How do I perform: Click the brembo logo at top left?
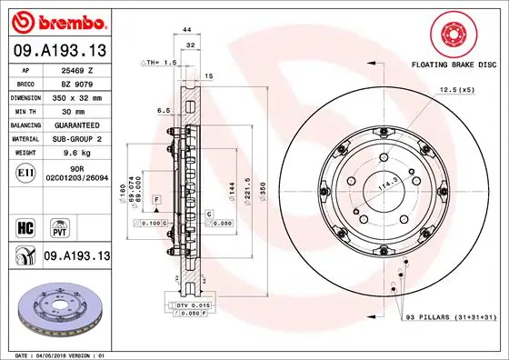point(57,20)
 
